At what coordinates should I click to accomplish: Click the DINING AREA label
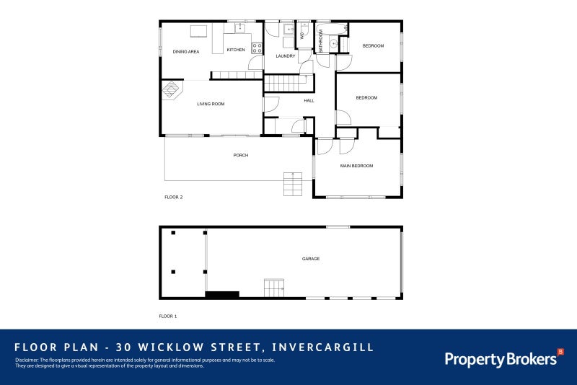point(185,52)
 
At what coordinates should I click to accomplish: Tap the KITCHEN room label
point(236,50)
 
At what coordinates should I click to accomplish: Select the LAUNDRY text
point(286,56)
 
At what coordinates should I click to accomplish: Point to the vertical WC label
point(302,35)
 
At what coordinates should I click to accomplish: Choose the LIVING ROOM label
point(211,104)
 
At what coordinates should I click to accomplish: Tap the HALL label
point(309,100)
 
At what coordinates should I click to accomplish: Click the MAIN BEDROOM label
point(356,166)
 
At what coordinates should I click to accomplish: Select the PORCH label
point(240,155)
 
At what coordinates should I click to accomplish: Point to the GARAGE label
point(311,259)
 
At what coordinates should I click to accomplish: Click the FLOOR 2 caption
point(173,197)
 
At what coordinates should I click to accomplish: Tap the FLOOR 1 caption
point(167,316)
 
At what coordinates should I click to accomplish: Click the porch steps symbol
point(292,184)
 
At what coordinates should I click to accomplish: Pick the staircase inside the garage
point(275,288)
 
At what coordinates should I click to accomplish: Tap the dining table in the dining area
point(198,31)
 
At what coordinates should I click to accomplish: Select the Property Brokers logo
point(503,358)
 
